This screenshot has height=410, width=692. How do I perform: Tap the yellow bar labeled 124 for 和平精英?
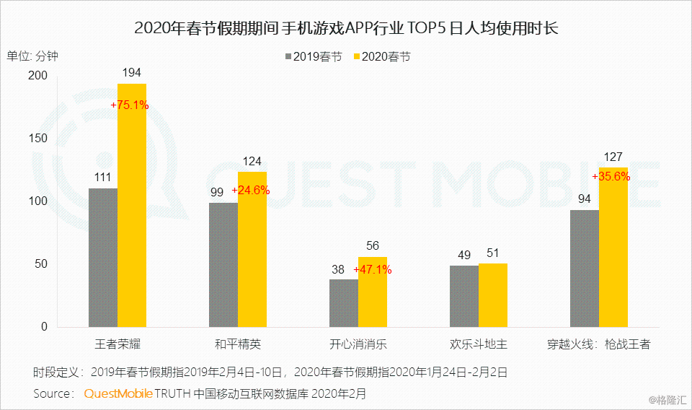(x=252, y=250)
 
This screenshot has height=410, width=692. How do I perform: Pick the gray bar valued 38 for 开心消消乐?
(x=344, y=303)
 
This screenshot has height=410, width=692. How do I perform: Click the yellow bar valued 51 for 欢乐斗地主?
(x=493, y=295)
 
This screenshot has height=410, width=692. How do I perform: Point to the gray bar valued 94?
(x=585, y=269)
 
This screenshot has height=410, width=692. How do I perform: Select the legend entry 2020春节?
(x=381, y=56)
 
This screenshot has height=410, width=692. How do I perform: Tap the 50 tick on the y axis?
(x=40, y=264)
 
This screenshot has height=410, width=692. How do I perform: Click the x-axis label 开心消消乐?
(x=358, y=344)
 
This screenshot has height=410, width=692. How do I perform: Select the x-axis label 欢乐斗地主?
(x=479, y=344)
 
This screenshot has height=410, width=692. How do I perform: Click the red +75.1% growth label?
(x=130, y=105)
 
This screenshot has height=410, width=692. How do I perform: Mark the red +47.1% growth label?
(x=372, y=270)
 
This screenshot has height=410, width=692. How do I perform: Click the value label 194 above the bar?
(x=132, y=72)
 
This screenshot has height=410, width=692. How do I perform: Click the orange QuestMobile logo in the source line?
(x=118, y=393)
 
